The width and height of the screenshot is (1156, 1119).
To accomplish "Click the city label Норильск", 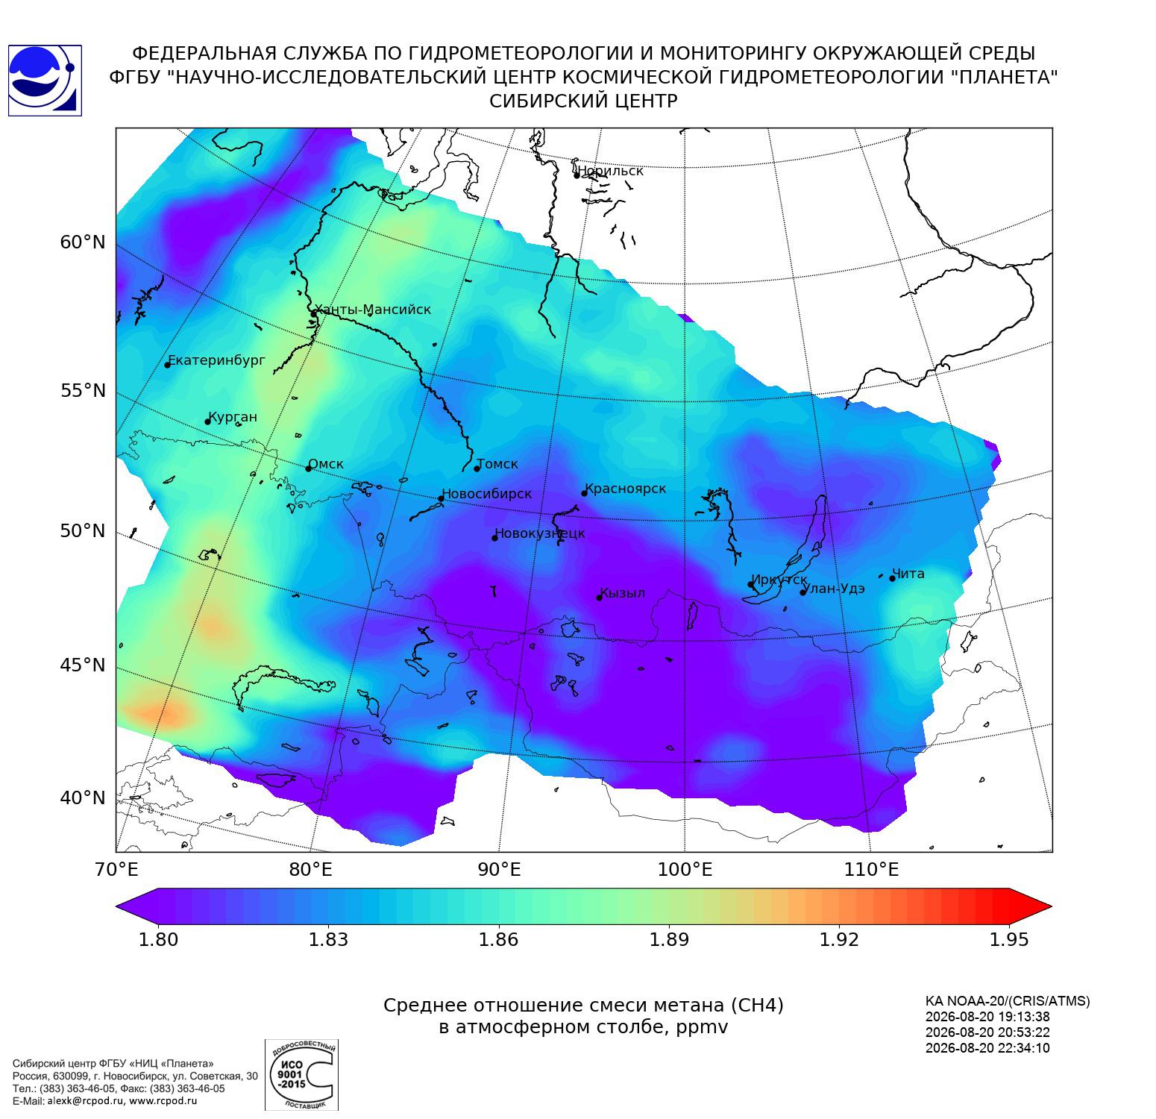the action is tap(610, 171).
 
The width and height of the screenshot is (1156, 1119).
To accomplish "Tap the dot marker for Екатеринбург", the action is tap(168, 364).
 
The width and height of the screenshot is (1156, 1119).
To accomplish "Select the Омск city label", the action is tap(326, 464).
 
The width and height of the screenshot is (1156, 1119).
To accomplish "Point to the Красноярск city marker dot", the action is tap(585, 493).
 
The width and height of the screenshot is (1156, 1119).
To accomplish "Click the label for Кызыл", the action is tap(623, 593).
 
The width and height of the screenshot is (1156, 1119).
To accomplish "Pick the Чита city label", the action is tap(908, 574).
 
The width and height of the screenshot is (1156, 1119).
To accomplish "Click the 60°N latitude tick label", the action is tap(83, 242).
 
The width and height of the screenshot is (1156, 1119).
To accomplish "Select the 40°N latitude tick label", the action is tap(83, 797).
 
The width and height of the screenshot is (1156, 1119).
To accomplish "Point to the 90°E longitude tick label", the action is tap(499, 869).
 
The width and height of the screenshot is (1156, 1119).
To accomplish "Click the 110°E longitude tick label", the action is tap(871, 869).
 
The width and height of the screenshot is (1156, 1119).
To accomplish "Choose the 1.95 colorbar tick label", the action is tap(1008, 939).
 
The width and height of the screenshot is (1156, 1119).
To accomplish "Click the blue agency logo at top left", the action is tap(45, 81).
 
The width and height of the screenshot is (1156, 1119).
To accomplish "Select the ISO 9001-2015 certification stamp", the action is tap(301, 1075).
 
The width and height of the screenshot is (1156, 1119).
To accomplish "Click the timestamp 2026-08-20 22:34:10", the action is tap(987, 1047).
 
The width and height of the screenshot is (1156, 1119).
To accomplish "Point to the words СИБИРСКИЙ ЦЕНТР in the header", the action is tap(583, 101).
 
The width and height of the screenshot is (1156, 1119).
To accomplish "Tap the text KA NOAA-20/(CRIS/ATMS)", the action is tap(1008, 1001).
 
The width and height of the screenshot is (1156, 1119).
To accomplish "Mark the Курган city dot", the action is tap(208, 421).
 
